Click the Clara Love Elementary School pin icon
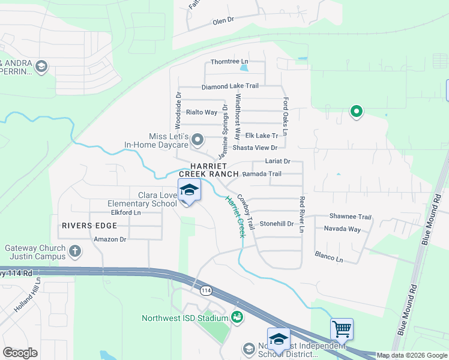[x=189, y=191]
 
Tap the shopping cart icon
[x=342, y=329]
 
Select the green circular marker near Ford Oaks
[x=356, y=111]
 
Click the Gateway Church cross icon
[x=74, y=250]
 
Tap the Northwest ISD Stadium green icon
[x=237, y=316]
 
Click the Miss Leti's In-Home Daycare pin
[x=198, y=139]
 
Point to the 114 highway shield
[x=206, y=290]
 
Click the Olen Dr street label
[x=223, y=21]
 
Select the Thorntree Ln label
[x=229, y=62]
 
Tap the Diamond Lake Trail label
[x=230, y=86]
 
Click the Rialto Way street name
[x=202, y=112]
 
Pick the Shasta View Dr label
[x=255, y=148]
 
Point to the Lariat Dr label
[x=278, y=161]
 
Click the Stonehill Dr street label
[x=276, y=224]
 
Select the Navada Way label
[x=342, y=229]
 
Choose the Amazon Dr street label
[x=110, y=239]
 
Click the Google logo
[x=20, y=352]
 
